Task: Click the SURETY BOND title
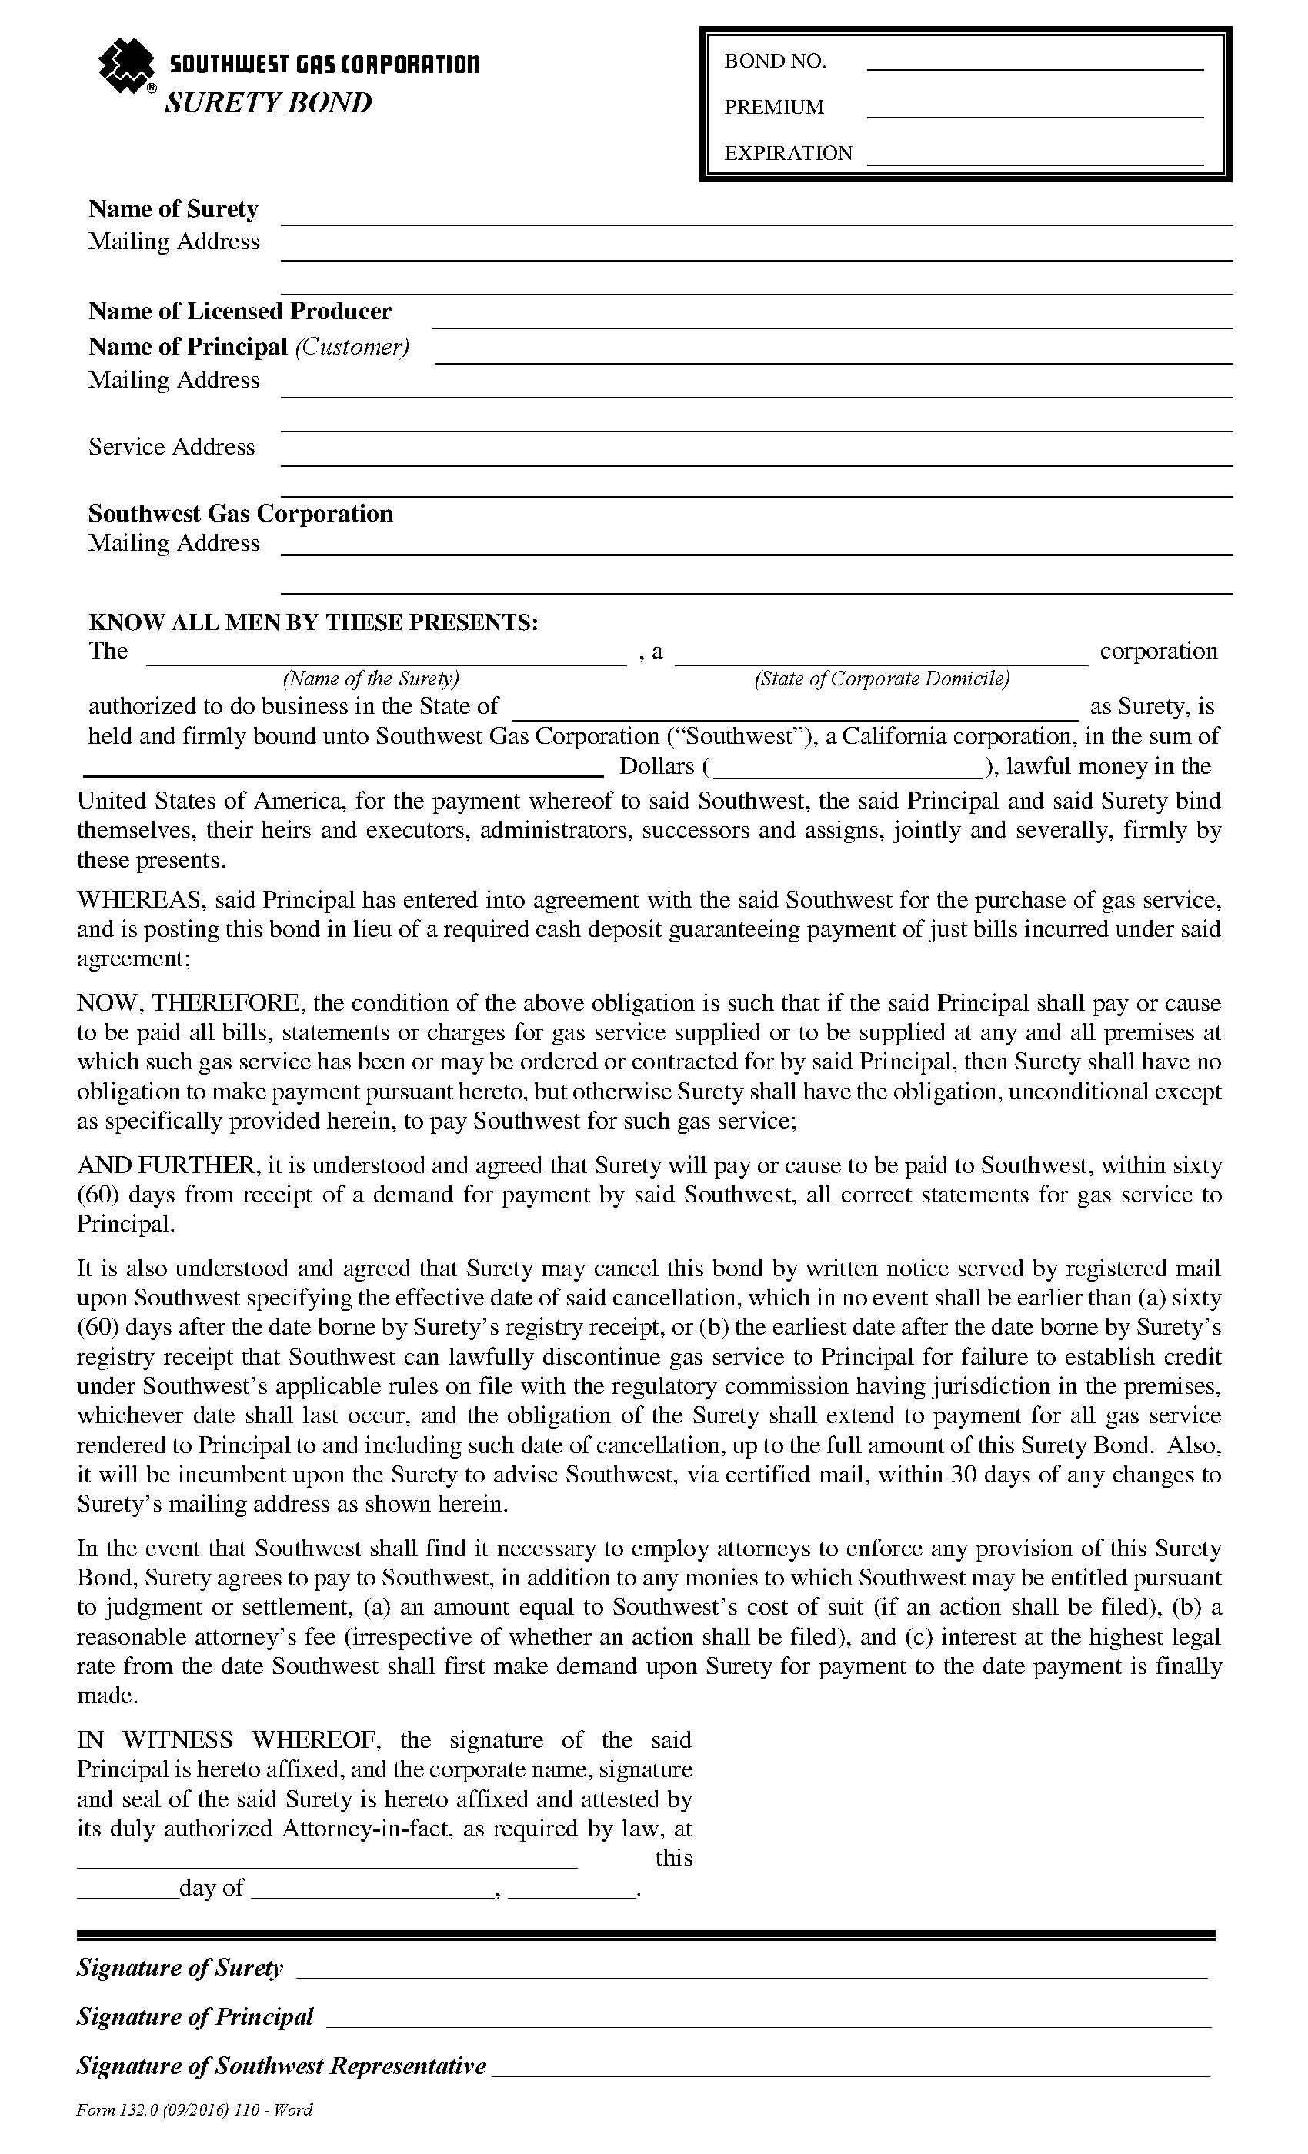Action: tap(269, 103)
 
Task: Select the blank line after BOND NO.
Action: tap(1034, 66)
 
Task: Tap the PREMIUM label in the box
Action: tap(774, 108)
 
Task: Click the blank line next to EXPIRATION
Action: tap(1034, 162)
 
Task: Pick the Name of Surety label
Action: tap(173, 210)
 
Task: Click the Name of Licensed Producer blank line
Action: tap(832, 325)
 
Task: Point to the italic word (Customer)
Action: tap(352, 348)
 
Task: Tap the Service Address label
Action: tap(172, 448)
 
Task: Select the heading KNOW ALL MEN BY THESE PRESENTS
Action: tap(313, 622)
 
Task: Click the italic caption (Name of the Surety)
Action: tap(371, 679)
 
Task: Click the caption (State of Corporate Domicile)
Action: tap(881, 679)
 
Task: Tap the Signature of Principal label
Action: tap(195, 2017)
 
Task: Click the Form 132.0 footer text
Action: tap(194, 2110)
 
